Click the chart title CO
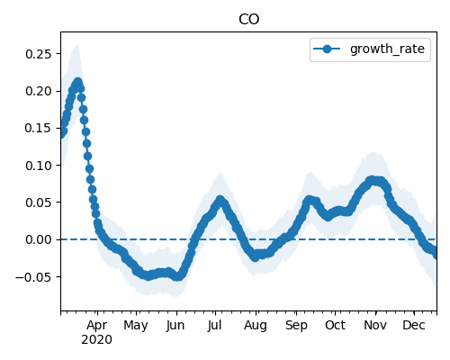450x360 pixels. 248,20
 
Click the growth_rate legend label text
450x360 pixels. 387,49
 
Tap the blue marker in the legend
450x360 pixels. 327,49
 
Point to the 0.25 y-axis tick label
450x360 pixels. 39,54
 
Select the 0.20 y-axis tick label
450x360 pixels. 39,91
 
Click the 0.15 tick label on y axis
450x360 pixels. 39,128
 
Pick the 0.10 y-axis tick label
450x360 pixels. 39,166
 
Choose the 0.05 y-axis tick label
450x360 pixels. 39,202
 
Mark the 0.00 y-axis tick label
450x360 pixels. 39,239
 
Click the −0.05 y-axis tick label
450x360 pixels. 33,277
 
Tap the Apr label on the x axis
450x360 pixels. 97,326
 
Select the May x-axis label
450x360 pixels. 136,326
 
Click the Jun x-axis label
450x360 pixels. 175,325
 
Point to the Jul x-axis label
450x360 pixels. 214,325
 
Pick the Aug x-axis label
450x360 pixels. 256,326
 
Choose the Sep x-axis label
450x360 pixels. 296,326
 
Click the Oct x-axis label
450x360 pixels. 335,325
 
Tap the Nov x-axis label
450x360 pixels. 375,325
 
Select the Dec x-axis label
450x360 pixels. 414,325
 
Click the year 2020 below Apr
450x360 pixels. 96,340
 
